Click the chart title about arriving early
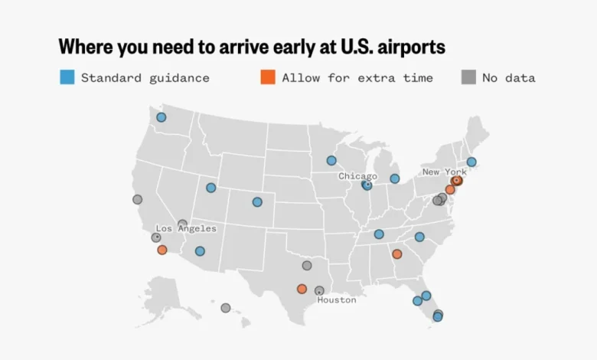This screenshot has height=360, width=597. coord(252,46)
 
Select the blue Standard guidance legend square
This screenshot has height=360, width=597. coord(67,77)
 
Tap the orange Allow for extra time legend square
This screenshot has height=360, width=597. coord(268,77)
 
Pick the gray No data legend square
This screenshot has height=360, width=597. coord(468,77)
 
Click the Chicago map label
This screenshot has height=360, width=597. coord(357,176)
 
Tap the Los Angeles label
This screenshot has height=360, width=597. coord(186,228)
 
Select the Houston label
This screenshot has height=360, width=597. coord(337,300)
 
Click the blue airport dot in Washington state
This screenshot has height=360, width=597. coord(161,117)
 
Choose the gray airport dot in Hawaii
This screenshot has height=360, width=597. coord(226,308)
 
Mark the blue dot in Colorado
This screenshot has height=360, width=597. coord(257,202)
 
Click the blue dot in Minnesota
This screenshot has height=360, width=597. coord(331,161)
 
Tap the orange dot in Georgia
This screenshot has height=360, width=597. coord(396,254)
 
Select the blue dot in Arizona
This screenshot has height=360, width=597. coord(200,251)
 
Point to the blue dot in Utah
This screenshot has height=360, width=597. coord(211,188)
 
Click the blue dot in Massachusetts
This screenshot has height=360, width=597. coord(471,162)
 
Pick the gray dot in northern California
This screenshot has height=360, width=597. coord(138,199)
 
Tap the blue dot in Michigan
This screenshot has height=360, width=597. coord(394,178)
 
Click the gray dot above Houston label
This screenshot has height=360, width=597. coord(319,290)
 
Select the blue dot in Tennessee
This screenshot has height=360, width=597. coord(379,234)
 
